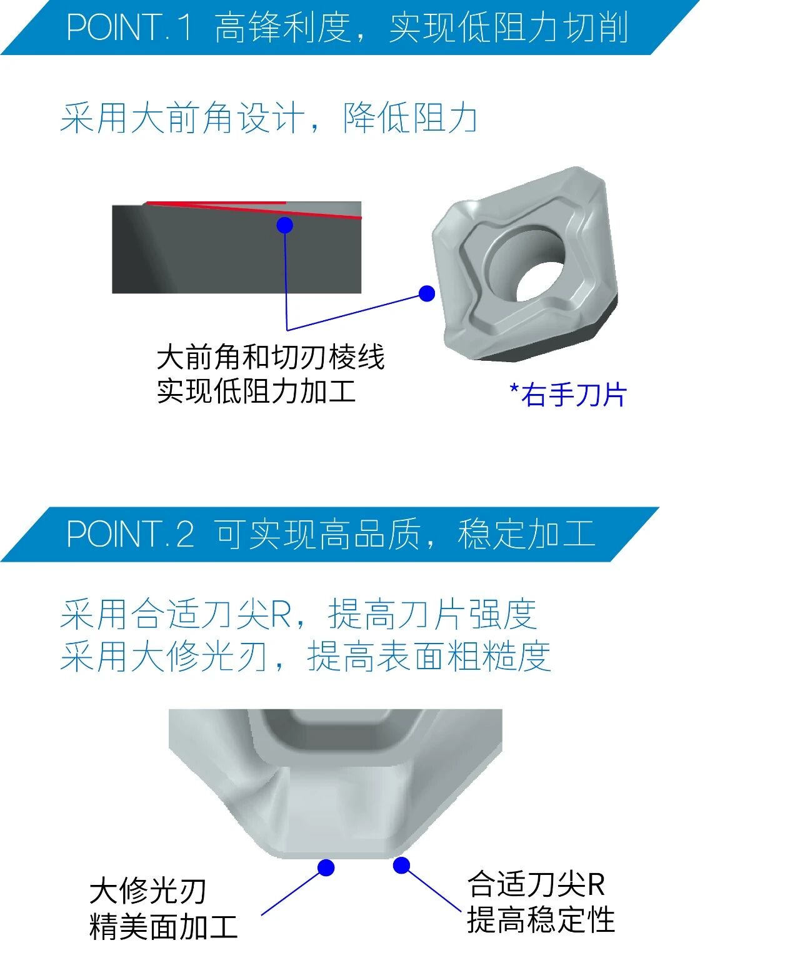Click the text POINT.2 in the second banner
pyautogui.click(x=130, y=533)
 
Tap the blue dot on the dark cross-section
pyautogui.click(x=284, y=225)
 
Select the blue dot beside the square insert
pyautogui.click(x=426, y=293)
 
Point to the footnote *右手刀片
pyautogui.click(x=568, y=395)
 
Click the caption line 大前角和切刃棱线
pyautogui.click(x=271, y=357)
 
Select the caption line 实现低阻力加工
pyautogui.click(x=256, y=391)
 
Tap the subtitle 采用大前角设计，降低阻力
pyautogui.click(x=269, y=118)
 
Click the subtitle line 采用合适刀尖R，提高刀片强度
pyautogui.click(x=299, y=614)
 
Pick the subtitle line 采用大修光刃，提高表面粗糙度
pyautogui.click(x=306, y=655)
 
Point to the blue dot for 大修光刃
pyautogui.click(x=326, y=867)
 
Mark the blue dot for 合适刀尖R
pyautogui.click(x=401, y=865)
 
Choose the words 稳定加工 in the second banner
pyautogui.click(x=526, y=533)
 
